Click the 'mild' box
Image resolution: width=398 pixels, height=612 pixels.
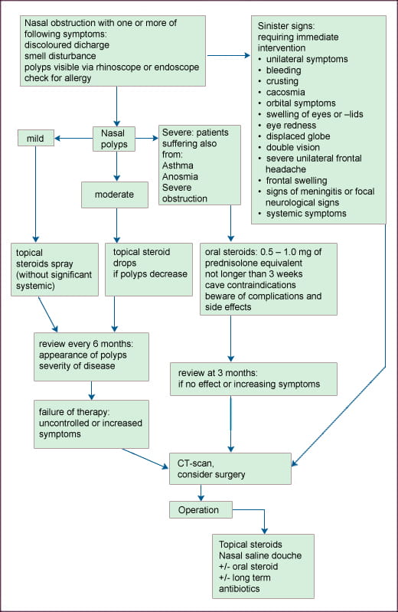point(36,138)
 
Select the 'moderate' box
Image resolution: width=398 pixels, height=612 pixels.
point(115,195)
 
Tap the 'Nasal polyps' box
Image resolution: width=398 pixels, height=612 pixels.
point(114,139)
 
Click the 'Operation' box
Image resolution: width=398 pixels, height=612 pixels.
point(201,509)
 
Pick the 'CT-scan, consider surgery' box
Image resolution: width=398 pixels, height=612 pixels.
point(230,469)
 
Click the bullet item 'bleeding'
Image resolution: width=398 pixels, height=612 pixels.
point(284,70)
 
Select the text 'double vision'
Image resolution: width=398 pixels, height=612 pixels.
point(293,147)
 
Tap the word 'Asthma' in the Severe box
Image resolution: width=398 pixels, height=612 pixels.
point(178,165)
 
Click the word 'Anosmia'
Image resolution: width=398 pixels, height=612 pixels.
point(180,176)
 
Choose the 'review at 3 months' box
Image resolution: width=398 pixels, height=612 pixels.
point(253,379)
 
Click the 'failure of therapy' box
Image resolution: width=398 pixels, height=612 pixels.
point(91,424)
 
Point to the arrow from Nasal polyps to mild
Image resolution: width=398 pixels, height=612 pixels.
point(73,138)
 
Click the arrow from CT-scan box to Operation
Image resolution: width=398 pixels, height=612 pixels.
point(201,493)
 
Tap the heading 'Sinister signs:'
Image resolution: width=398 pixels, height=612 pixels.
point(286,26)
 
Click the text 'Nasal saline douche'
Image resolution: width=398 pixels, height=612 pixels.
point(260,555)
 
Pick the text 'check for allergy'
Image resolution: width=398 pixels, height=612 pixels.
point(57,78)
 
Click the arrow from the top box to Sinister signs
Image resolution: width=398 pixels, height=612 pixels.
point(229,55)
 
